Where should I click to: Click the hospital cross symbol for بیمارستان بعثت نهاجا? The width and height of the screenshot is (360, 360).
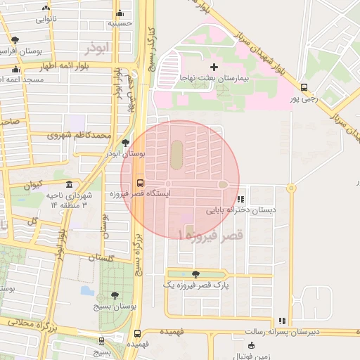click(x=214, y=66)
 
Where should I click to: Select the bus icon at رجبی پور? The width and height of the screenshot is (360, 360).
click(x=304, y=88)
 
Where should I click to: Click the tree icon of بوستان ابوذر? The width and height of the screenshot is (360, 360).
click(x=125, y=143)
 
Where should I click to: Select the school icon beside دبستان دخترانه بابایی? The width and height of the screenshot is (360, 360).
click(x=242, y=199)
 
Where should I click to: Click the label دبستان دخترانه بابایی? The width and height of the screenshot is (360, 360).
click(x=240, y=210)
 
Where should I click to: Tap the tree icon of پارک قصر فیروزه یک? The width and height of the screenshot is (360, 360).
click(x=195, y=274)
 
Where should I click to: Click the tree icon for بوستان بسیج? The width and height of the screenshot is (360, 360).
click(x=115, y=296)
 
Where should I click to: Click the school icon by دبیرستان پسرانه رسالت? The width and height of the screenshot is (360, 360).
click(x=282, y=321)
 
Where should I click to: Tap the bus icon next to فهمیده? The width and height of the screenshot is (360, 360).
click(x=136, y=335)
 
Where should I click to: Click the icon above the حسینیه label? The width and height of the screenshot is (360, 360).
click(x=120, y=13)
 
